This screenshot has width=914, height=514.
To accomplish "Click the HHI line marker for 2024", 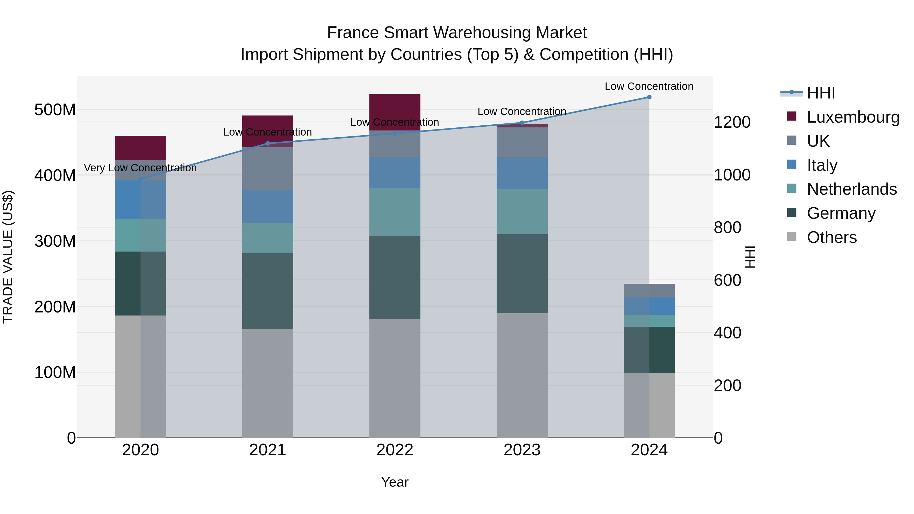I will pos(649,97).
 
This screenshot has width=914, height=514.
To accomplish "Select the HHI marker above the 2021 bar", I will pos(268,144).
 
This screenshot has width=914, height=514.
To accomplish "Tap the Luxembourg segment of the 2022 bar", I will pos(395,106).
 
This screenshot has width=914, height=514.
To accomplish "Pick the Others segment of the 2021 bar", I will pos(268,383).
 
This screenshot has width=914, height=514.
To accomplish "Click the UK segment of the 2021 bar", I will pos(268,169).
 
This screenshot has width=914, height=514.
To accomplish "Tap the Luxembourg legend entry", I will pos(853,117).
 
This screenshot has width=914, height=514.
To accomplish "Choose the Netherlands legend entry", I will pos(852,189).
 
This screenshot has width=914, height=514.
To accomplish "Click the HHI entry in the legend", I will pos(821,93).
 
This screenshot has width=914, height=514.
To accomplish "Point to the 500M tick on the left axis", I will pos(55,110).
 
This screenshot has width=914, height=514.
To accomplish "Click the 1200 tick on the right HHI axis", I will pos(732,122).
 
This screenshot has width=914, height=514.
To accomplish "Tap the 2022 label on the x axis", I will pos(395,450).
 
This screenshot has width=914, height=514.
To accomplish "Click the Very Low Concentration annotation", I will pos(140,168).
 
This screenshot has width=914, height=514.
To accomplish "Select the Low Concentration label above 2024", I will pos(649,86).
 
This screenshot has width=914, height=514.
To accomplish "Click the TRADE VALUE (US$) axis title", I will pos(8,257).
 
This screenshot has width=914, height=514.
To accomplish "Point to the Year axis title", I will pos(395,482).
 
